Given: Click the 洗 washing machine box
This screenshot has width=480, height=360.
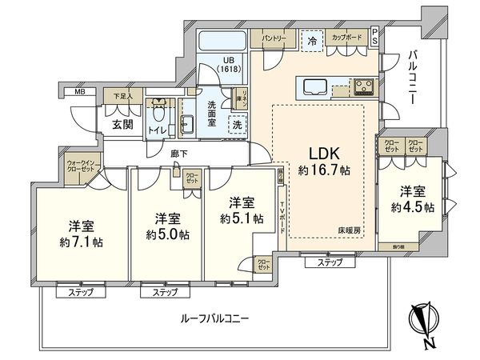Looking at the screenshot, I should [x=238, y=125].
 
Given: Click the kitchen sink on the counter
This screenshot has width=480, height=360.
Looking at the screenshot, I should [x=312, y=86].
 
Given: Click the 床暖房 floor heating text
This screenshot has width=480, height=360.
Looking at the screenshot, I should [x=347, y=230].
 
